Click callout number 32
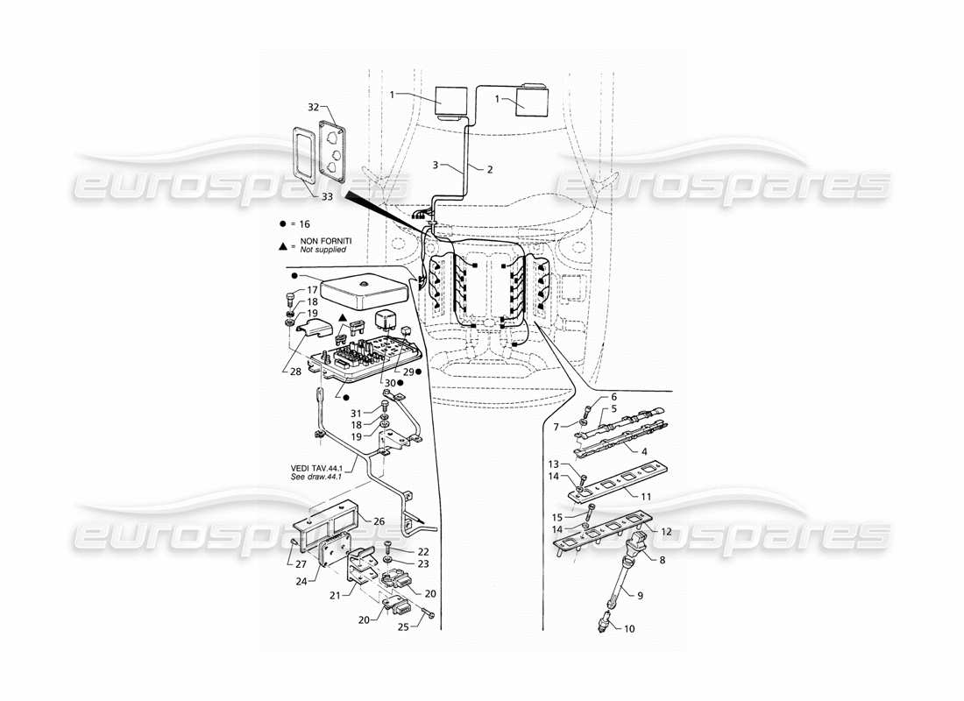312,108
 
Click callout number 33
326,197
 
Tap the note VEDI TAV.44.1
309,468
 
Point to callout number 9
640,596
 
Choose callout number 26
379,520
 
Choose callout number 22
423,551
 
